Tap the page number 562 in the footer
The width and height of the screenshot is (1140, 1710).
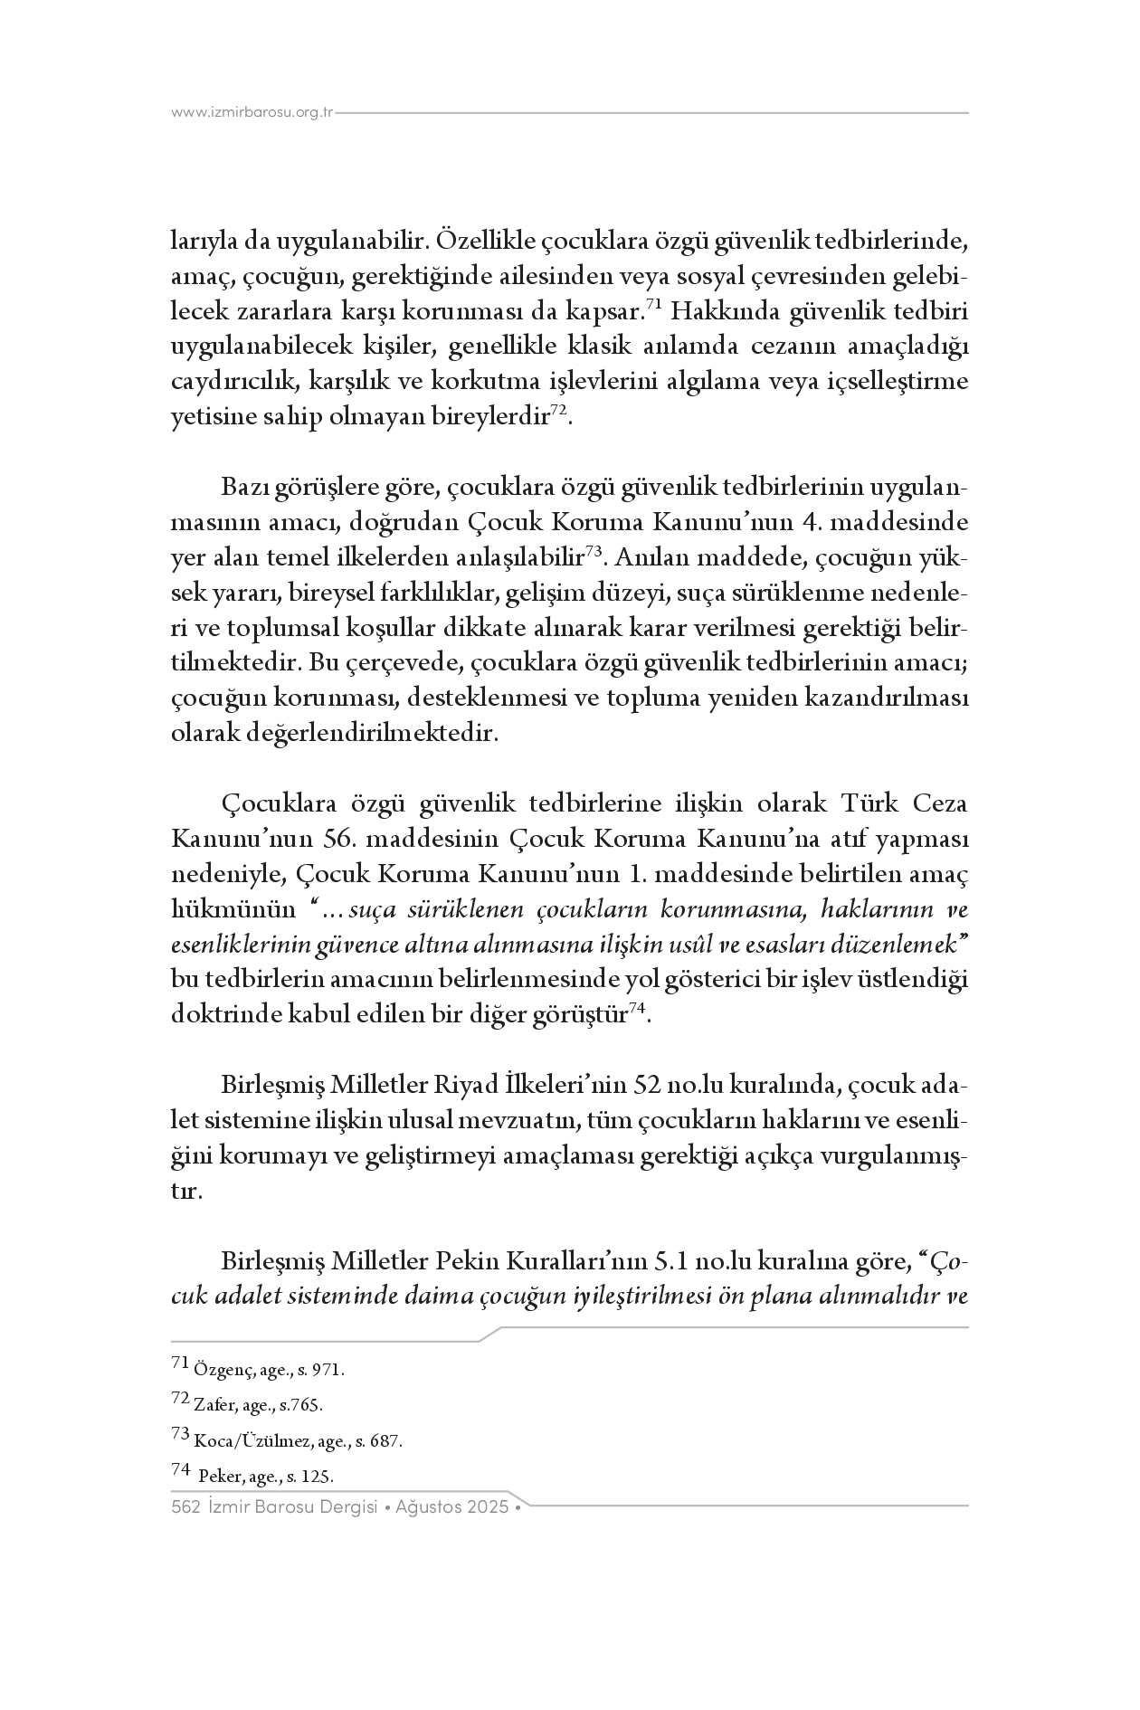[x=185, y=1507]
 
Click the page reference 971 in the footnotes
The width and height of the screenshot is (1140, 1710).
[x=327, y=1371]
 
